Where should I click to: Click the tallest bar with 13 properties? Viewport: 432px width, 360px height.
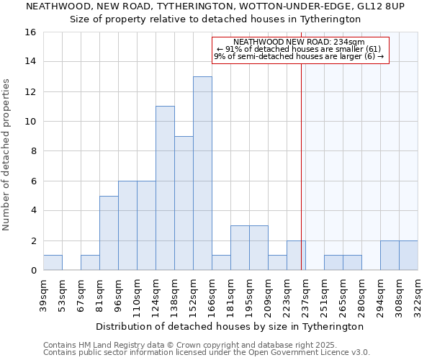(202, 173)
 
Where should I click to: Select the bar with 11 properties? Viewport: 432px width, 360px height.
(165, 188)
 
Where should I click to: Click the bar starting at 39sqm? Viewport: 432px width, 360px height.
(53, 263)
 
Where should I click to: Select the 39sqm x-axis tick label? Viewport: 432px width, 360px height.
(43, 294)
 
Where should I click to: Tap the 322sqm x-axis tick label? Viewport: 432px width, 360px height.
(418, 294)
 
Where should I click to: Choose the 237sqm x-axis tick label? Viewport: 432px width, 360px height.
(305, 294)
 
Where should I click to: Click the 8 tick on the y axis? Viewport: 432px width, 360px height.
(32, 151)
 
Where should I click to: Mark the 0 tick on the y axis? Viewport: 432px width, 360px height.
(32, 271)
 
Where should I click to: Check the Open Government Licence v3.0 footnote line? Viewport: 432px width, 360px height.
(207, 353)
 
